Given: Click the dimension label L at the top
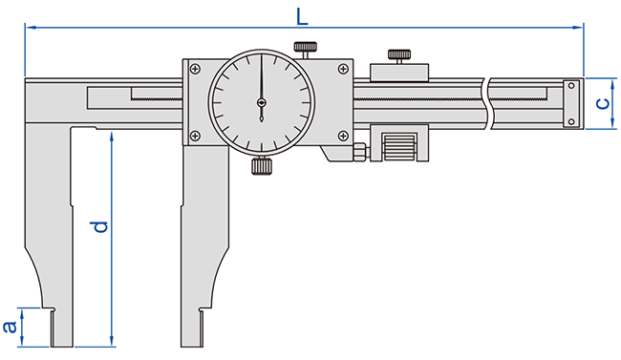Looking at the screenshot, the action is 302,17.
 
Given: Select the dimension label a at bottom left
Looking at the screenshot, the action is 10,327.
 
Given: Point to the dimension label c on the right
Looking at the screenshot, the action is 603,104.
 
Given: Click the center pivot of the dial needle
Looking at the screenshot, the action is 262,102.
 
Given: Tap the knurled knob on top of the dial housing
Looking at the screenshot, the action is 305,47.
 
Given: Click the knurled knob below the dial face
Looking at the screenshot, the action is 262,166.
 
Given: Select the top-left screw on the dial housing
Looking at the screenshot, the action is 195,69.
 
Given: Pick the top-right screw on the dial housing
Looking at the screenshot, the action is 343,69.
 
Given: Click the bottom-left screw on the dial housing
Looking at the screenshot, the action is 195,136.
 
